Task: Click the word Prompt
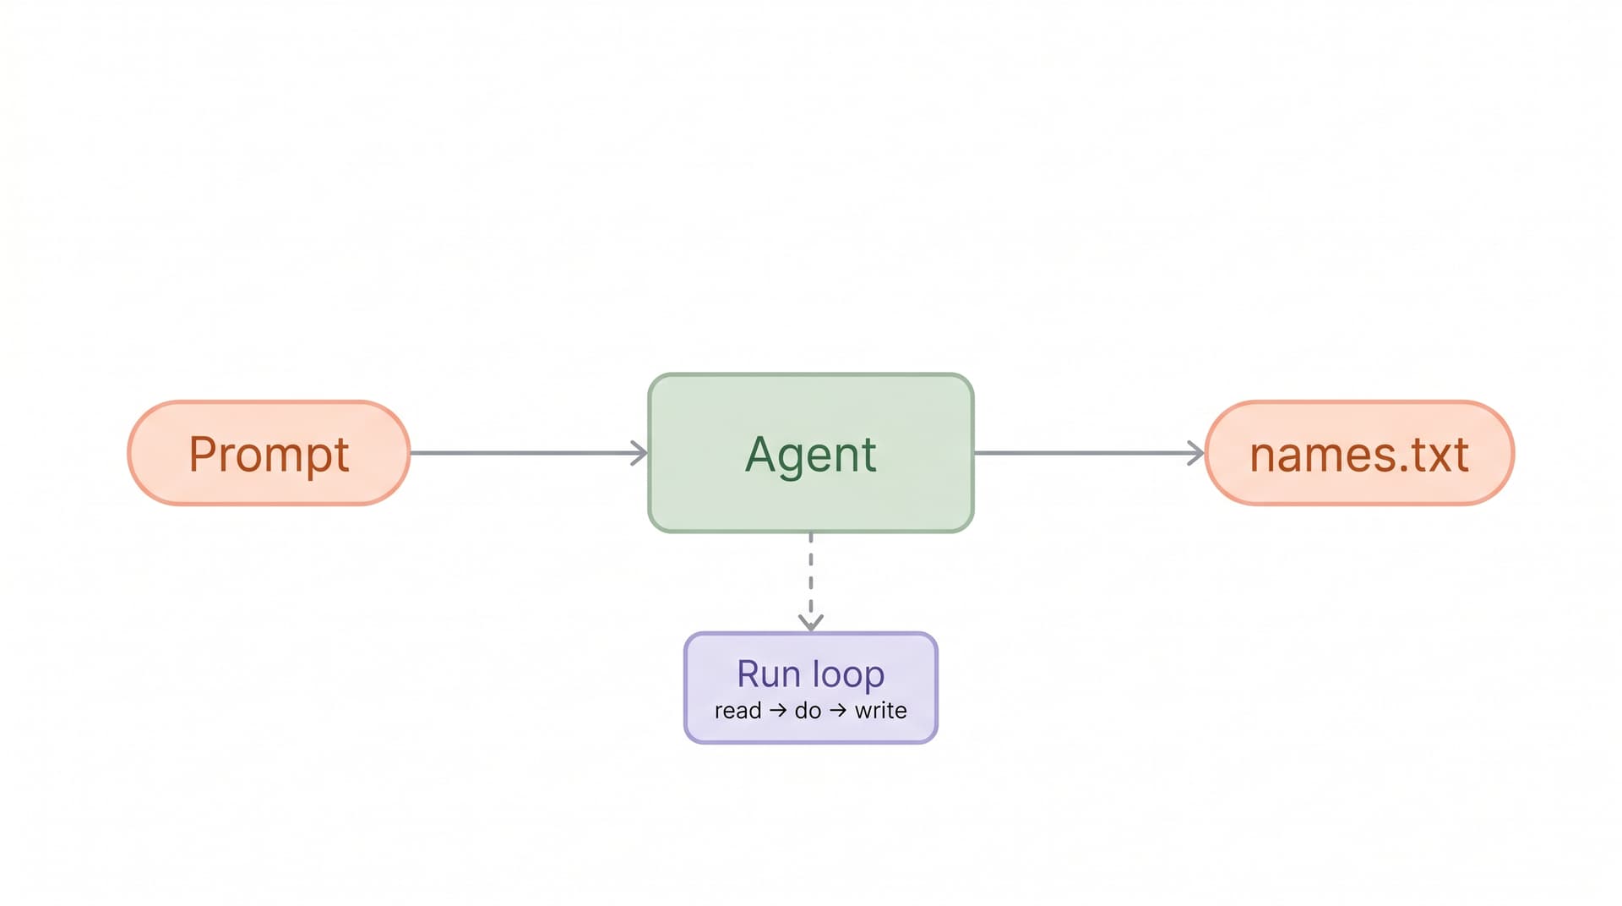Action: pos(269,455)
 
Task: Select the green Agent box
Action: pos(811,453)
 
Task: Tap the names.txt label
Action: pos(1359,455)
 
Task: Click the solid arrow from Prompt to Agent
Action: pos(529,453)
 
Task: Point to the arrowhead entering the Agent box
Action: pos(640,453)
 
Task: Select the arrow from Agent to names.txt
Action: pos(1089,453)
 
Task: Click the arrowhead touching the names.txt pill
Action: pos(1196,453)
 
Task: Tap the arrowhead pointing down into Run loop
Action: pos(811,623)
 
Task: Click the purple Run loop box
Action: pos(811,688)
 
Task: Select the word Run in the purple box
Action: pos(768,674)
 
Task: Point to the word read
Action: pos(738,711)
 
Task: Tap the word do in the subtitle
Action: pos(808,711)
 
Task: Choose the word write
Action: pos(880,711)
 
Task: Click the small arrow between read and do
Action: pos(778,711)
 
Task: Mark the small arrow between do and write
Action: pos(838,711)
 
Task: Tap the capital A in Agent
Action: pos(761,454)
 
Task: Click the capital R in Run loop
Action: pos(750,674)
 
